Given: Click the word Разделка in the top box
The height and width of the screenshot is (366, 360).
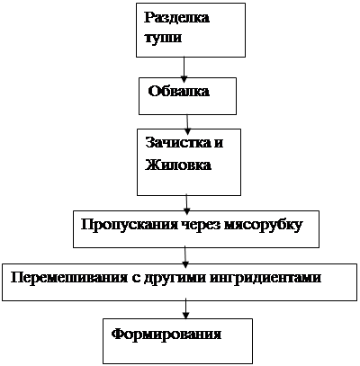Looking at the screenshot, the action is point(176,19).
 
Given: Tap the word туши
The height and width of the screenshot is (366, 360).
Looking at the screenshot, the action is point(163,38).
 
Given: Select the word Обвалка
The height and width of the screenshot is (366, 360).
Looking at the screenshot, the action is point(179,91).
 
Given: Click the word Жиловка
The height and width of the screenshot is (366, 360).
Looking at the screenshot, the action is point(178,165).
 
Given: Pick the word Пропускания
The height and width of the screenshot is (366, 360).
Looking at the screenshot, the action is point(130,226).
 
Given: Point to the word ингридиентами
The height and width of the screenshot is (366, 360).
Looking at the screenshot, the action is point(265,278).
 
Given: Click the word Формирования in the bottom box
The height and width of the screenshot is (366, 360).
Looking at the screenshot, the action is point(166,334).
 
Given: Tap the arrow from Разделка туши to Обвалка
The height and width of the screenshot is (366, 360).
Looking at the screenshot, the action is point(184,69).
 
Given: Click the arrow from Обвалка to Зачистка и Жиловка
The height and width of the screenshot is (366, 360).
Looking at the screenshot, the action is point(187,124).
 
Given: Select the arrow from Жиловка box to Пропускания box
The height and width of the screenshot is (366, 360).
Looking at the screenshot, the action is point(186,204).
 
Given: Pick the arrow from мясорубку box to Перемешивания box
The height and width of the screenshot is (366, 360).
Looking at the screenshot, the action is point(185,257).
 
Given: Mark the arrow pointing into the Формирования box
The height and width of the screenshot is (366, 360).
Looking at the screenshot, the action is point(186,308).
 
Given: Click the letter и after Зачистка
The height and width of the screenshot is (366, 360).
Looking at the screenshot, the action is point(219,143).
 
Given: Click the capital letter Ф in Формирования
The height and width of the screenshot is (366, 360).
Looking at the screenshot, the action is point(118,334).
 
